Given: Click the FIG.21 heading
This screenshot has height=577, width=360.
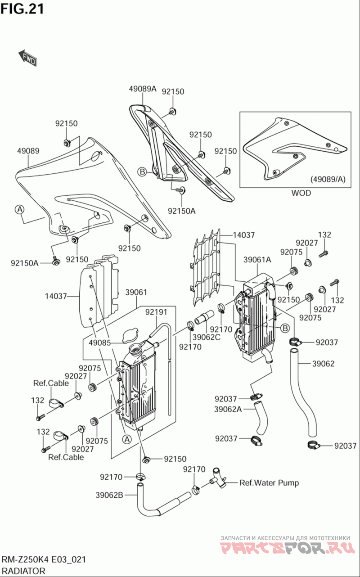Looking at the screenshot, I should (x=22, y=9).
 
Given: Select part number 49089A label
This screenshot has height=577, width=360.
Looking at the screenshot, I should (x=142, y=89).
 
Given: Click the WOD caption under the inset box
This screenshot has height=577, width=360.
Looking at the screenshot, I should (x=301, y=193).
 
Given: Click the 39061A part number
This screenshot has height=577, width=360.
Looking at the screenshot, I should (x=257, y=259).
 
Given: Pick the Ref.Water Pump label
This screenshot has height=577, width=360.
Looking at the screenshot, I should (x=269, y=483).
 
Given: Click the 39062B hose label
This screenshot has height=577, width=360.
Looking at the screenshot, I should (x=109, y=495).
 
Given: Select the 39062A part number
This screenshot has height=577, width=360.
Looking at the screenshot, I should (x=228, y=409).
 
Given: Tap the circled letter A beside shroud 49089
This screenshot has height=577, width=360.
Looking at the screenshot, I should (x=19, y=209).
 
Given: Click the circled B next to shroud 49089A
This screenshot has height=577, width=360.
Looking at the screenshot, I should (x=142, y=171).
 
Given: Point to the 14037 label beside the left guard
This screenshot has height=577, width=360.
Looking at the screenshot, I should (x=56, y=296).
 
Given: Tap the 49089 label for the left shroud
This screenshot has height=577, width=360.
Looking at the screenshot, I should (x=28, y=151).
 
